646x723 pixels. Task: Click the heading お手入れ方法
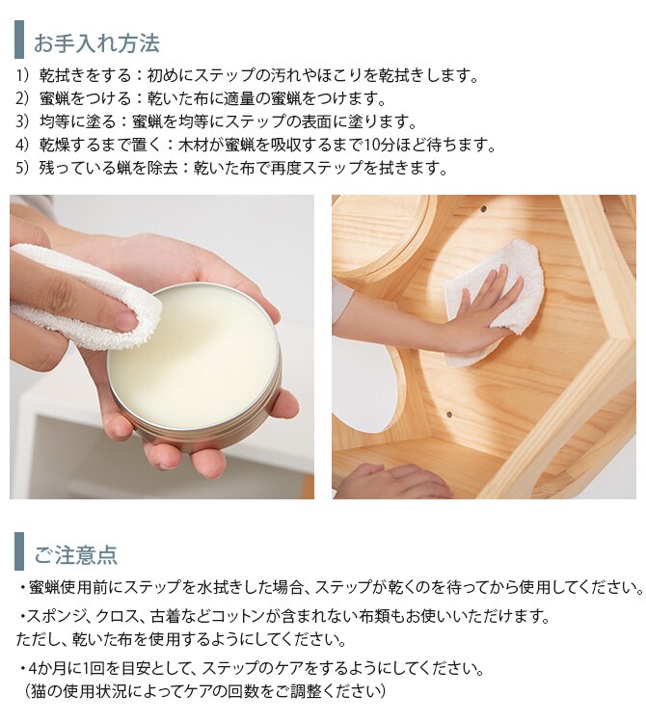point(96,42)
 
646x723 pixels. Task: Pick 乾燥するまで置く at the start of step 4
point(100,145)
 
